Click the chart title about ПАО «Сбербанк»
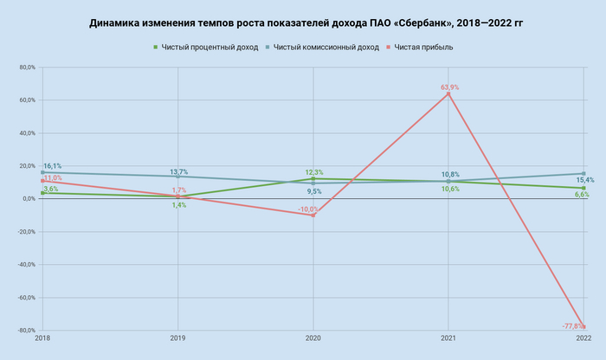pyautogui.click(x=303, y=24)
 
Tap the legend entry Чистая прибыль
pyautogui.click(x=424, y=47)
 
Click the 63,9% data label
pyautogui.click(x=449, y=87)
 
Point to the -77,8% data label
pyautogui.click(x=571, y=326)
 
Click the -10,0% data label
pyautogui.click(x=308, y=209)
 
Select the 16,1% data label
pyautogui.click(x=52, y=166)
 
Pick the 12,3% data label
pyautogui.click(x=313, y=172)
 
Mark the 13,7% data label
pyautogui.click(x=178, y=172)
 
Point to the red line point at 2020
pyautogui.click(x=313, y=215)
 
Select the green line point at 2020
pyautogui.click(x=313, y=178)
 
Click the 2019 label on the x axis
pyautogui.click(x=178, y=337)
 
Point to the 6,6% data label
pyautogui.click(x=582, y=195)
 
